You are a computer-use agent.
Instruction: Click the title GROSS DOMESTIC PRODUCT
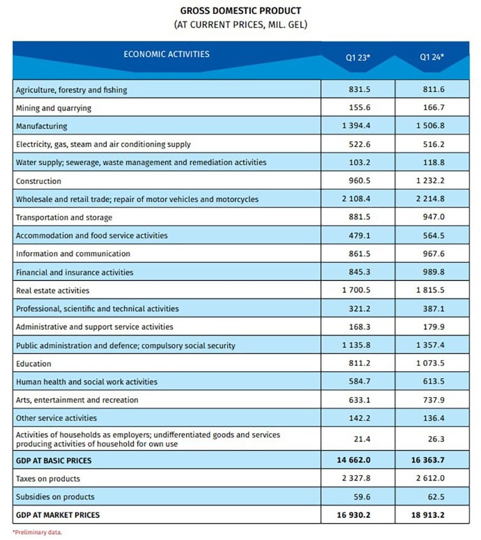click(x=240, y=11)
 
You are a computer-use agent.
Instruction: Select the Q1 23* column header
click(x=358, y=58)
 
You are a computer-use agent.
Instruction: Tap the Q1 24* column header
click(x=432, y=58)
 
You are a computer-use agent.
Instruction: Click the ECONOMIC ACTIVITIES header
click(x=167, y=54)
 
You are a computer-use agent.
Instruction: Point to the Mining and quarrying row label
click(x=54, y=108)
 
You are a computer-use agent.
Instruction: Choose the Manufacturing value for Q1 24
click(x=432, y=126)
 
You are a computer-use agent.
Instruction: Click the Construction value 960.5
click(x=359, y=181)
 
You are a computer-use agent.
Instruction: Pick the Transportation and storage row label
click(x=64, y=217)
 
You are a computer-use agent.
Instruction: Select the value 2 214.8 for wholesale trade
click(x=432, y=199)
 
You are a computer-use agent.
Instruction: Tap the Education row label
click(x=34, y=363)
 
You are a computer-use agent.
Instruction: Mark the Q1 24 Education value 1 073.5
click(x=432, y=363)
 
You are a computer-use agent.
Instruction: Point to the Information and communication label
click(x=73, y=253)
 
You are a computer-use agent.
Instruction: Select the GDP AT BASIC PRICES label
click(x=54, y=461)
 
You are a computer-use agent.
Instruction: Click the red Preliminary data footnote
click(x=37, y=532)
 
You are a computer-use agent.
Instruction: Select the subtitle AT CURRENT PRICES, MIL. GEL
click(x=240, y=25)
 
